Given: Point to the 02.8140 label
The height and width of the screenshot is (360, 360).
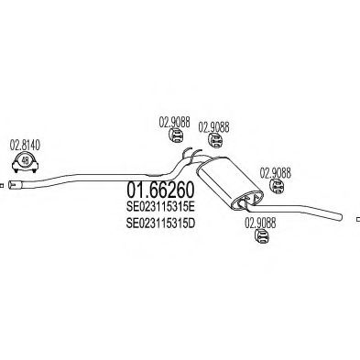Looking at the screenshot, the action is point(25,144).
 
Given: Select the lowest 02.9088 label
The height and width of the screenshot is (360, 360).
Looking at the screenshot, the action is point(260,220).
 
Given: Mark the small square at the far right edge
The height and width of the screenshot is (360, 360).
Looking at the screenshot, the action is point(357,218).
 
